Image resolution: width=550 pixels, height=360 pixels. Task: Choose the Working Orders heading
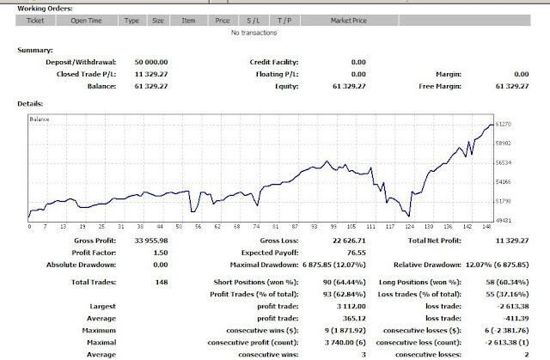[x=45, y=7]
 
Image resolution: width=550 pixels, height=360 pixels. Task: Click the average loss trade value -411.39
[x=528, y=316]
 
